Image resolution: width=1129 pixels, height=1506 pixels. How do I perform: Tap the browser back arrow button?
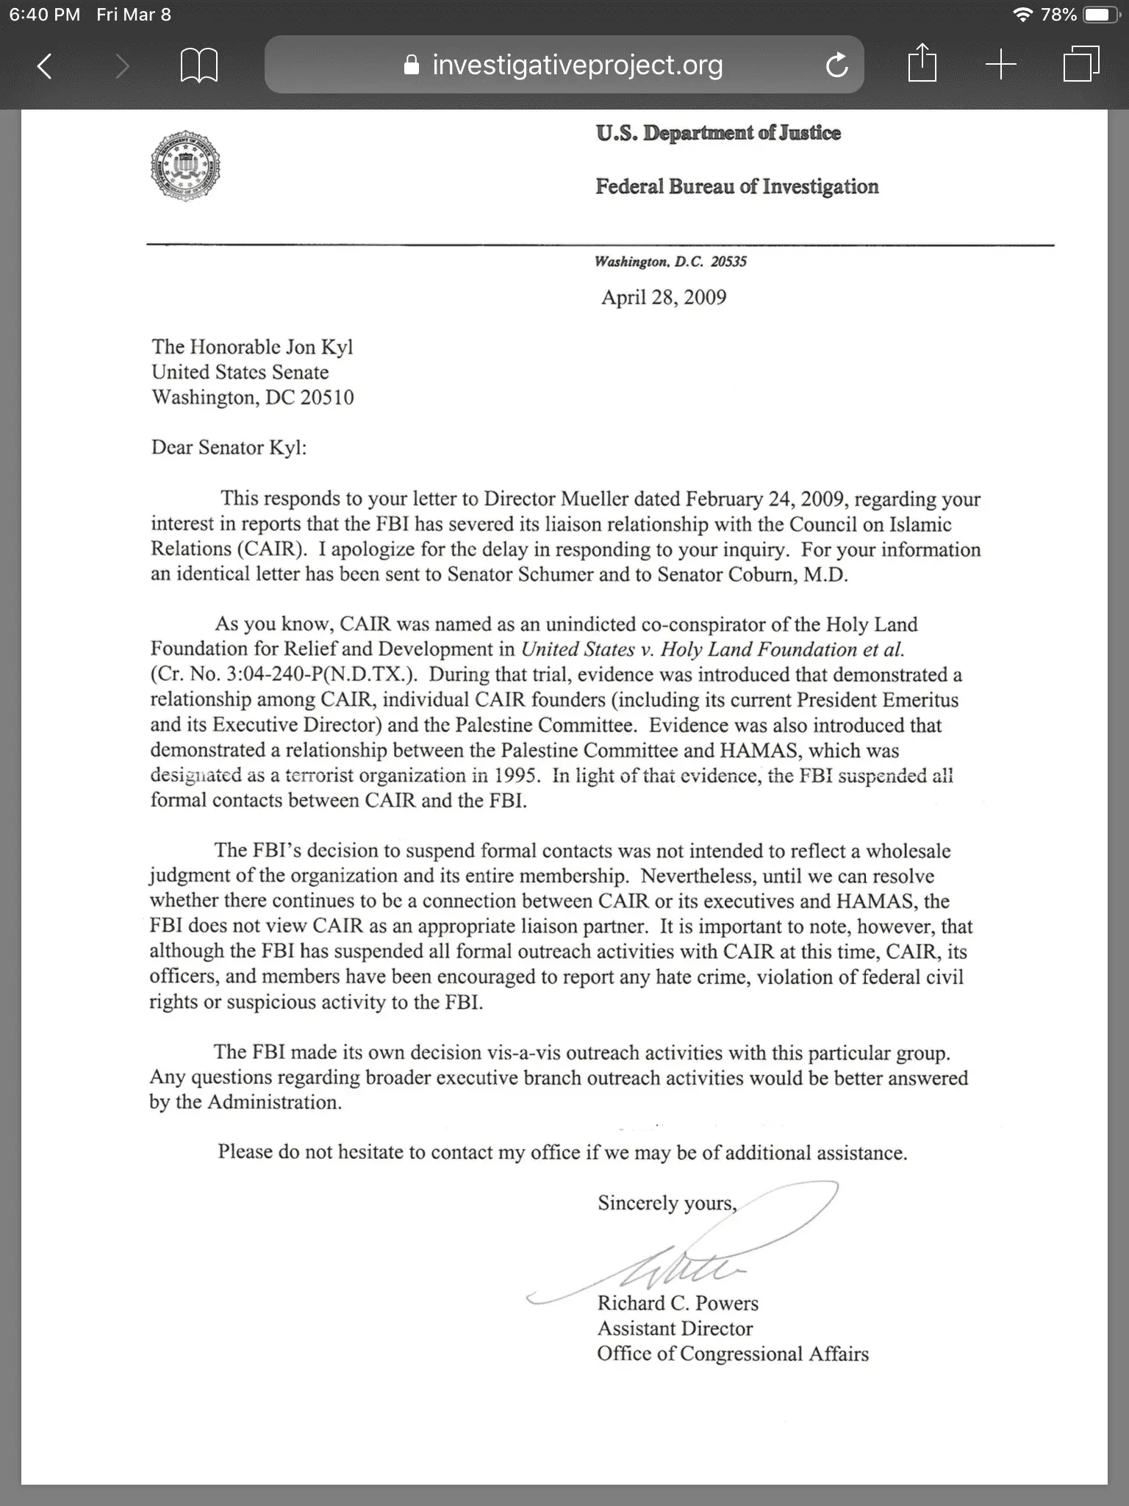pos(45,66)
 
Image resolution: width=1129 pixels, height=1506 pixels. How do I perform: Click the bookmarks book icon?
pos(198,66)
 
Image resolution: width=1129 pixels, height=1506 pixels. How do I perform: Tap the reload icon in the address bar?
pos(836,66)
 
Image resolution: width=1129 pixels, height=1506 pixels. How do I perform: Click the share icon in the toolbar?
pos(922,64)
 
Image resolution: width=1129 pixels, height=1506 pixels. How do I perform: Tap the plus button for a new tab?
pos(1000,65)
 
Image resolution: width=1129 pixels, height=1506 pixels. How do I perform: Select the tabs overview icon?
pos(1081,65)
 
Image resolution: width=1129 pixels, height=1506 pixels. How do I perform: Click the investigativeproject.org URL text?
pos(577,65)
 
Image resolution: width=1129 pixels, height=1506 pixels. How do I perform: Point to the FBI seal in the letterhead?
pos(185,166)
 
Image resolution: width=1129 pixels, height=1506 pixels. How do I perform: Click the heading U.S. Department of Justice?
pos(718,133)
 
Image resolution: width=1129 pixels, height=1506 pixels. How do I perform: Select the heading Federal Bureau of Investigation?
pos(736,187)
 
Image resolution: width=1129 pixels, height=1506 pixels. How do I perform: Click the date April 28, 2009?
pos(664,297)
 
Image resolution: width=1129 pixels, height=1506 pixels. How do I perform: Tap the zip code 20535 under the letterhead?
pos(728,262)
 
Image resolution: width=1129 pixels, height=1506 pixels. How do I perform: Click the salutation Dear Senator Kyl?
pos(229,448)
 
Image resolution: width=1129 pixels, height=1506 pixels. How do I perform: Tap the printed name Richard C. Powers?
pos(678,1303)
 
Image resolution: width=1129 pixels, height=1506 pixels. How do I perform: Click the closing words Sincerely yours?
pos(667,1203)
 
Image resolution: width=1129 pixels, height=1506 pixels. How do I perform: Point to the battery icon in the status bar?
pos(1102,15)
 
